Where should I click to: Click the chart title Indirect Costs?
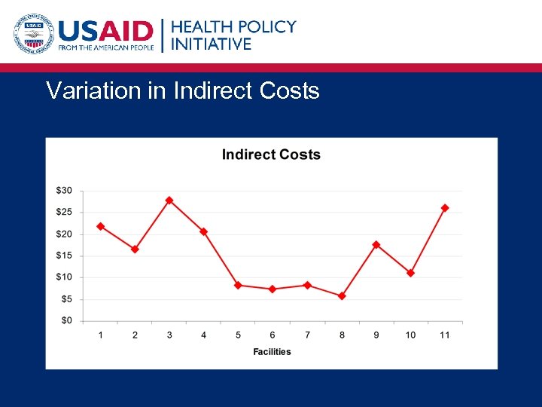pos(271,155)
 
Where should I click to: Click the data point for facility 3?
pos(169,200)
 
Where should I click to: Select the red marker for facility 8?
pos(342,296)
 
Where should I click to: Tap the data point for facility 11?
pos(445,208)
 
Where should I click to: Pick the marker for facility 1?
pos(101,226)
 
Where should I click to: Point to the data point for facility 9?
pos(376,245)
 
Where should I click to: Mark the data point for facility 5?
pos(238,286)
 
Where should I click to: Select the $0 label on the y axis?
pos(66,321)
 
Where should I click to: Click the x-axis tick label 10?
pos(410,335)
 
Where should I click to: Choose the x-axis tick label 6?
pos(273,335)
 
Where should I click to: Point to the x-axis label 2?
pos(135,335)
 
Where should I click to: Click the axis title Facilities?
pos(272,352)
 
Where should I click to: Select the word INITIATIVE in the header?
pos(212,44)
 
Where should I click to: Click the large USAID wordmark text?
pos(106,31)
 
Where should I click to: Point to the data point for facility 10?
pos(410,273)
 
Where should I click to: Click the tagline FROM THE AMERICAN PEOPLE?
pos(106,48)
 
